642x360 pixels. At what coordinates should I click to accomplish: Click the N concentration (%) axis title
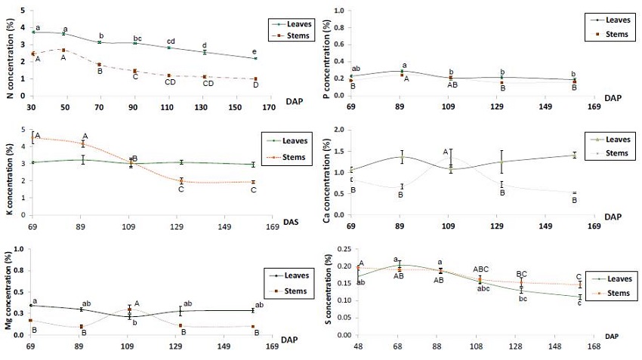tap(10, 52)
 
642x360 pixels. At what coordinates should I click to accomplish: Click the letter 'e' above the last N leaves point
tap(255, 51)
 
